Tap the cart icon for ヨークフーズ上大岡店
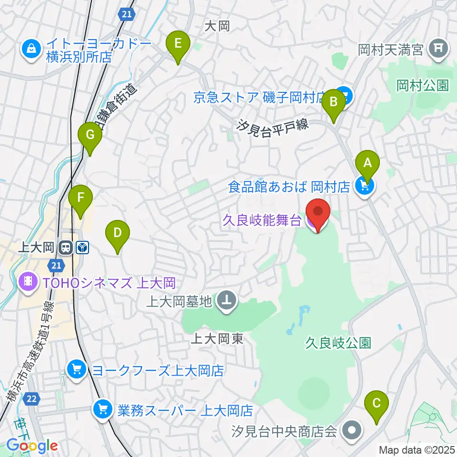76,369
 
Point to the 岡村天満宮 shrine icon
436,48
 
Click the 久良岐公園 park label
338,343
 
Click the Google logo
32,446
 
